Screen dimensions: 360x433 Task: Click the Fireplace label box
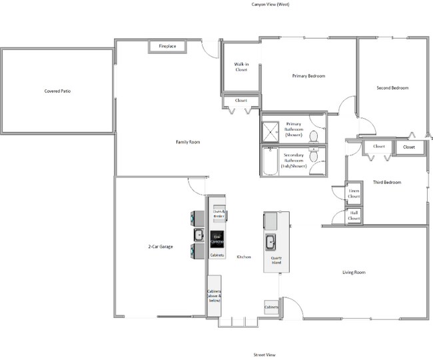(167, 46)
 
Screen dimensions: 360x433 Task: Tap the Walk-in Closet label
(240, 67)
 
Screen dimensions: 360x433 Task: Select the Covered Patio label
(57, 90)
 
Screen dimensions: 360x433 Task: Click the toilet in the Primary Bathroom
(313, 136)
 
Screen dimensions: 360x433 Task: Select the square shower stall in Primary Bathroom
(270, 131)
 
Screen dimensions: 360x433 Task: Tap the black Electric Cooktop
(217, 239)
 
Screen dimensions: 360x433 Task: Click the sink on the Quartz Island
(272, 241)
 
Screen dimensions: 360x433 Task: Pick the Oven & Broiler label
(218, 213)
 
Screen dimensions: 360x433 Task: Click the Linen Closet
(354, 193)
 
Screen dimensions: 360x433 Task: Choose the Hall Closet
(354, 215)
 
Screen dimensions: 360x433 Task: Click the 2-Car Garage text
(161, 247)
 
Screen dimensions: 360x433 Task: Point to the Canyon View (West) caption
(257, 4)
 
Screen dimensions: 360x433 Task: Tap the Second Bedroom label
(392, 88)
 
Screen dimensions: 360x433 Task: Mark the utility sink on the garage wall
(199, 235)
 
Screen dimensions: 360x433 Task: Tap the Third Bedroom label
(386, 182)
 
